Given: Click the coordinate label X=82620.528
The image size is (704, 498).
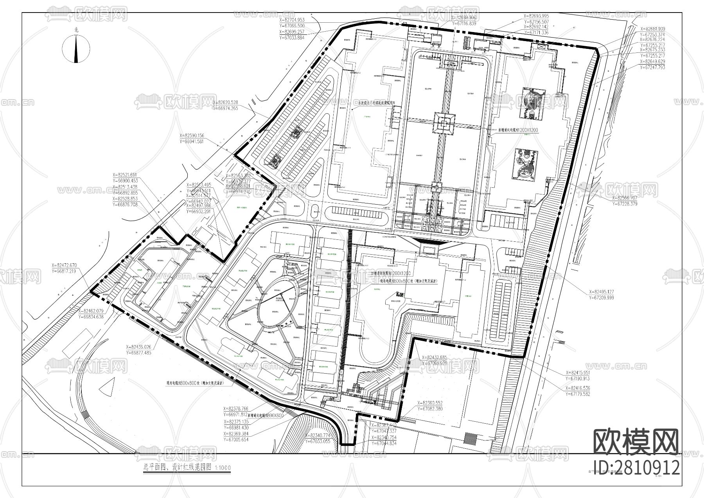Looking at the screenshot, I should (225, 103).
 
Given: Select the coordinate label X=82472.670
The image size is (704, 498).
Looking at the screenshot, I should (65, 265).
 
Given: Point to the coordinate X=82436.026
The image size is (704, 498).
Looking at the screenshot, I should (139, 347).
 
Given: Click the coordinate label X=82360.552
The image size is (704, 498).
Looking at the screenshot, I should (430, 403).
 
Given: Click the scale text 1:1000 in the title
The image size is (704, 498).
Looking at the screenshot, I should (223, 468).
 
